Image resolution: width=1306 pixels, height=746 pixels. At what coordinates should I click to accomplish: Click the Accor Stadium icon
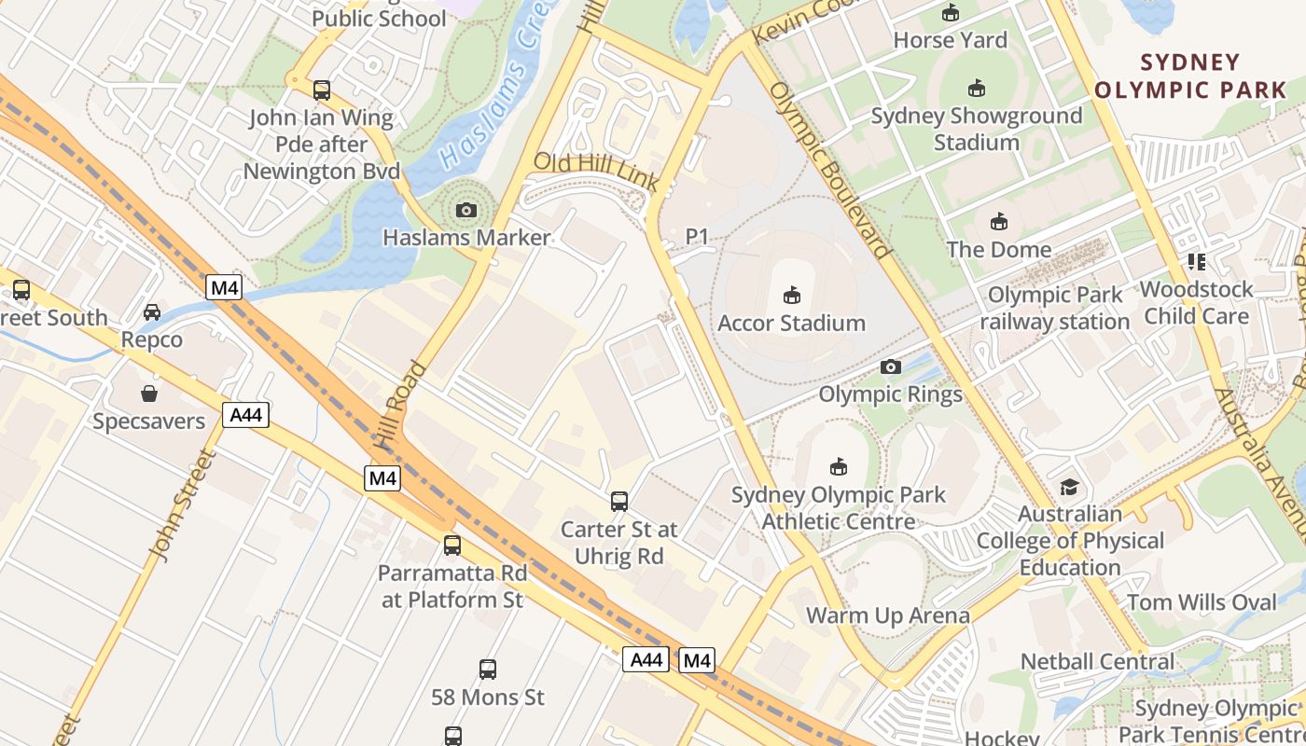(791, 296)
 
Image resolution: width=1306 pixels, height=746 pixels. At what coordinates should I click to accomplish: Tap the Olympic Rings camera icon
(891, 366)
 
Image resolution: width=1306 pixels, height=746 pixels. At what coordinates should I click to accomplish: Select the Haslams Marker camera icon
(466, 211)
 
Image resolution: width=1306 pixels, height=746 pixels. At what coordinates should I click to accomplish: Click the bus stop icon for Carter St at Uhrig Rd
(618, 502)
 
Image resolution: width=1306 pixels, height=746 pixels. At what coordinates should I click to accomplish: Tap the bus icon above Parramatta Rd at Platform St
(452, 545)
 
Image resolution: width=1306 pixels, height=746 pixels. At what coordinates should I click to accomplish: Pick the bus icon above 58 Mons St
(487, 669)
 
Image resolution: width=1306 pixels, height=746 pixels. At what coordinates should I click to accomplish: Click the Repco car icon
(152, 312)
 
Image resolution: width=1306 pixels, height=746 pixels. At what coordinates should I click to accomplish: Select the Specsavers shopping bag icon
(149, 393)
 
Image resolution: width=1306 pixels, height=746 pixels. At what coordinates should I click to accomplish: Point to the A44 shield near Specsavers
(245, 414)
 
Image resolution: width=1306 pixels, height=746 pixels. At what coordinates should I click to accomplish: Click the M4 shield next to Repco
(224, 287)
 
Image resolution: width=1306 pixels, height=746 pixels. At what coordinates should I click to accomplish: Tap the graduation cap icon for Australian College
(1069, 488)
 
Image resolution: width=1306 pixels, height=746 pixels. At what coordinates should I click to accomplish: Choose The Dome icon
(998, 222)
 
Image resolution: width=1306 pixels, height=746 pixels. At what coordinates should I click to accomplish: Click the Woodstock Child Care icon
(1196, 262)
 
